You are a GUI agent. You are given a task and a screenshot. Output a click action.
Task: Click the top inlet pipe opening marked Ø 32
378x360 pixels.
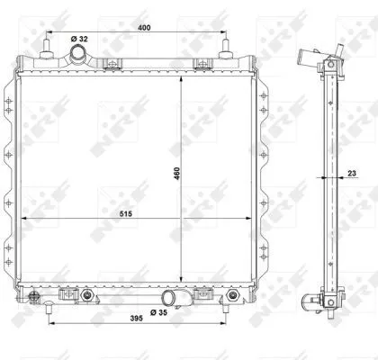(81, 57)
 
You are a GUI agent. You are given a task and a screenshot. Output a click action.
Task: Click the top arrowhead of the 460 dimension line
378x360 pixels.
(183, 78)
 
